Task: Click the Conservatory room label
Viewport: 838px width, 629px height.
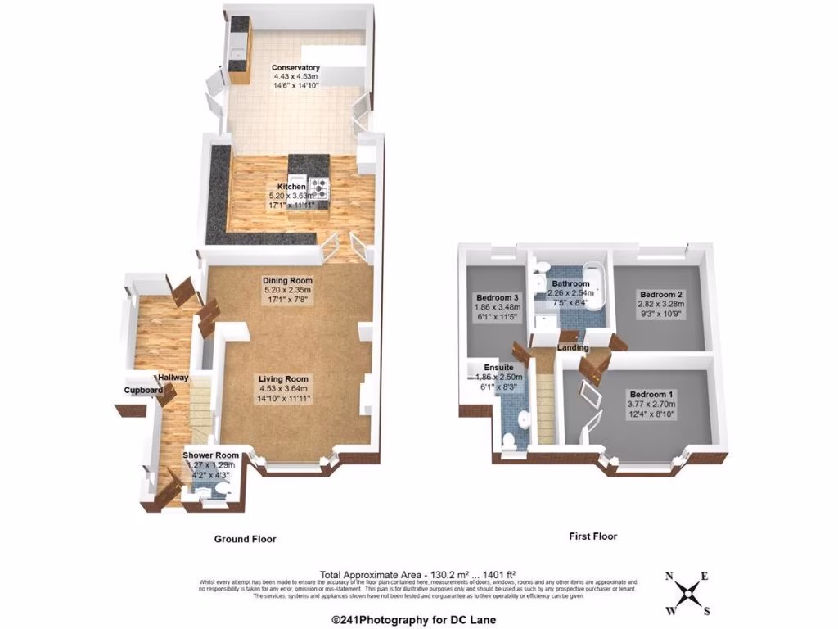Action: tap(296, 67)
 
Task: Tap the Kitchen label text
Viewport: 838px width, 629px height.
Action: tap(291, 188)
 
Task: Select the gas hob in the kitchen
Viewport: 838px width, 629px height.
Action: tap(318, 189)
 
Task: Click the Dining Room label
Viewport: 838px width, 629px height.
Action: tap(287, 280)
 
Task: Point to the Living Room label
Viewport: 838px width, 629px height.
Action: tap(283, 379)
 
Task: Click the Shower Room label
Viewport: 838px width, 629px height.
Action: tap(210, 455)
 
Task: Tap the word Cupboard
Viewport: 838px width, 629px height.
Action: tap(143, 391)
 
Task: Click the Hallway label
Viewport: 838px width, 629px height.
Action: tap(173, 378)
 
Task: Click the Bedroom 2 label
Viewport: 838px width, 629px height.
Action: tap(662, 294)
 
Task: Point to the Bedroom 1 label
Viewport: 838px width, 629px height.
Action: tap(650, 392)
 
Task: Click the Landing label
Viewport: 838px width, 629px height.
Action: tap(573, 348)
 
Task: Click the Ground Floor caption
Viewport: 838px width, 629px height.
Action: tap(245, 540)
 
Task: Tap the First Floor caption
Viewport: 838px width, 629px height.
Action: tap(593, 536)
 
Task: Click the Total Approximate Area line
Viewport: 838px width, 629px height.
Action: tap(418, 575)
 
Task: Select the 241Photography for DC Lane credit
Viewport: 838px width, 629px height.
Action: tap(413, 620)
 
